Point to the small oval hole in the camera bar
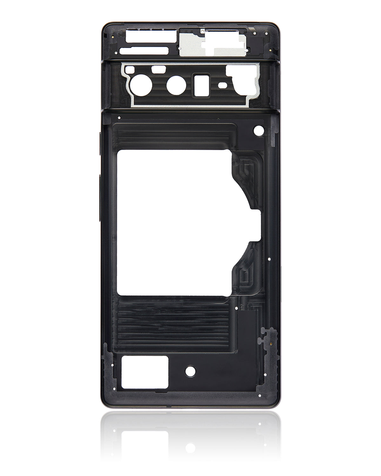pyautogui.click(x=222, y=85)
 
